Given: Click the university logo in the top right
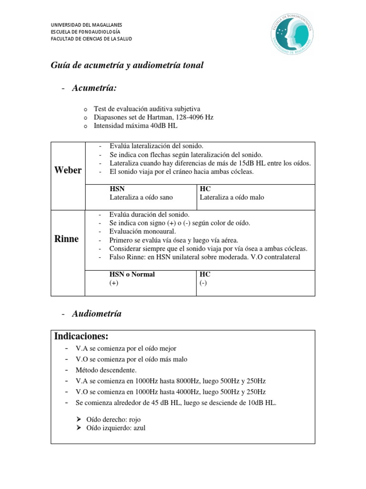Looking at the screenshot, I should [x=290, y=34].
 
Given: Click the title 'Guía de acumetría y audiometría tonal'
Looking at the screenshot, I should [x=127, y=65].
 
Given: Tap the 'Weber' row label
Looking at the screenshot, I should [x=68, y=170].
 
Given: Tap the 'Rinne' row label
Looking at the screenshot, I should [x=67, y=239].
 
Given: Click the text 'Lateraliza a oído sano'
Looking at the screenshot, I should [x=141, y=197].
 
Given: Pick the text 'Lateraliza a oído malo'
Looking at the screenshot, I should [x=232, y=197].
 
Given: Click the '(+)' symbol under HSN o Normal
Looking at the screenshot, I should [x=114, y=283].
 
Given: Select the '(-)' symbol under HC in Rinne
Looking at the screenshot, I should [x=203, y=283].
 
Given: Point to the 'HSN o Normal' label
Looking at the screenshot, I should [x=132, y=275].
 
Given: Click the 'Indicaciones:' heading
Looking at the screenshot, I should [x=81, y=337].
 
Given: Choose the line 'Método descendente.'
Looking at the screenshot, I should [x=106, y=370].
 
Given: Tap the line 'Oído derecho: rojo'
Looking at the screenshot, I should [x=113, y=419].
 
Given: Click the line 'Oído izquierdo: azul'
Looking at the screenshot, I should [x=116, y=428].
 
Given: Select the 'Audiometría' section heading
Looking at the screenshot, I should [x=97, y=314].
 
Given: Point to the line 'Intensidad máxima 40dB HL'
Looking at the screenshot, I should [x=136, y=126].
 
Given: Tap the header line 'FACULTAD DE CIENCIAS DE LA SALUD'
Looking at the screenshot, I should [x=91, y=39].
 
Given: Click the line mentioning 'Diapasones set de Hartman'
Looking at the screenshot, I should [x=153, y=117].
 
